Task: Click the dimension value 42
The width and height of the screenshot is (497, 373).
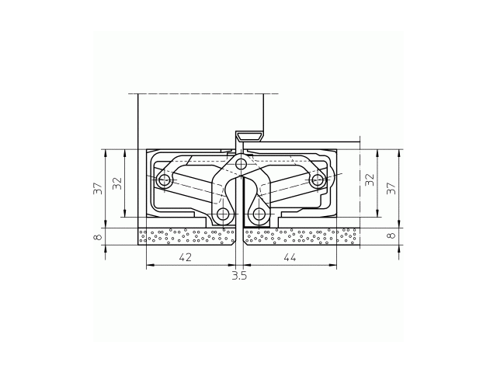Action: (x=186, y=257)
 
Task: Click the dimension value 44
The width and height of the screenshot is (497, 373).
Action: (x=290, y=257)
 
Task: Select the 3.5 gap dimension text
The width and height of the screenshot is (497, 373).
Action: (x=239, y=275)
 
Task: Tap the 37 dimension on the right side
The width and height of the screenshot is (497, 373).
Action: (x=391, y=188)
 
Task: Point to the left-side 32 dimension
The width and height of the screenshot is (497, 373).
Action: (x=117, y=183)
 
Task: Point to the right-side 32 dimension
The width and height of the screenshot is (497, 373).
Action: (x=370, y=180)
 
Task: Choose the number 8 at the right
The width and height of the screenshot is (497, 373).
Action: (x=391, y=235)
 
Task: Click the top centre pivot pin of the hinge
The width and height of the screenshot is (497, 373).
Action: (x=242, y=163)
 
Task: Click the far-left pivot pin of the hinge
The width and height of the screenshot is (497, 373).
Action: (x=164, y=181)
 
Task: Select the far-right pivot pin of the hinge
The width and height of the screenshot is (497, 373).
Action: (x=317, y=181)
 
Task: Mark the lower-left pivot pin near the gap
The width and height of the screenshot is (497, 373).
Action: (x=224, y=214)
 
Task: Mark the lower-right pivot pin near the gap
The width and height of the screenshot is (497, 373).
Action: (x=258, y=214)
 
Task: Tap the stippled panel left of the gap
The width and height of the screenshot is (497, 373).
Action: (x=186, y=236)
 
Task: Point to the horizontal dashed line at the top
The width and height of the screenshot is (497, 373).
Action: (x=202, y=94)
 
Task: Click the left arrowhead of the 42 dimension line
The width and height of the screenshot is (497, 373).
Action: (x=149, y=266)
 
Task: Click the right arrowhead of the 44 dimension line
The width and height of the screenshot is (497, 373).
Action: (x=334, y=266)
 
